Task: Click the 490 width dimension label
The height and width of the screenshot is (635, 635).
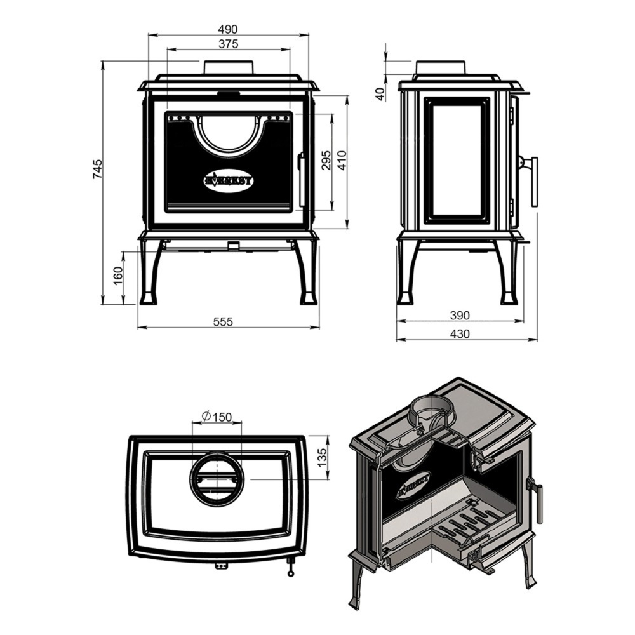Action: [x=228, y=30]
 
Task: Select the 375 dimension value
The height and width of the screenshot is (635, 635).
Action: [x=229, y=44]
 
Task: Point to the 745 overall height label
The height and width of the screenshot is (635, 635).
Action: [x=97, y=169]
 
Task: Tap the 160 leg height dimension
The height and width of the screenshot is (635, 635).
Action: [x=117, y=276]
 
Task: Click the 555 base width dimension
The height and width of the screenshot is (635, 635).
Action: [x=223, y=321]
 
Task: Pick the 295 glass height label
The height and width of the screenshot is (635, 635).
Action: [x=326, y=160]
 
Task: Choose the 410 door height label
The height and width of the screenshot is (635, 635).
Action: [x=342, y=161]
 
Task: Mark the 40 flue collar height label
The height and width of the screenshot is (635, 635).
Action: [x=380, y=95]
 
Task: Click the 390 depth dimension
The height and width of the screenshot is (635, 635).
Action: [x=460, y=315]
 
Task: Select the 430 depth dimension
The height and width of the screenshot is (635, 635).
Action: [x=460, y=334]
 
